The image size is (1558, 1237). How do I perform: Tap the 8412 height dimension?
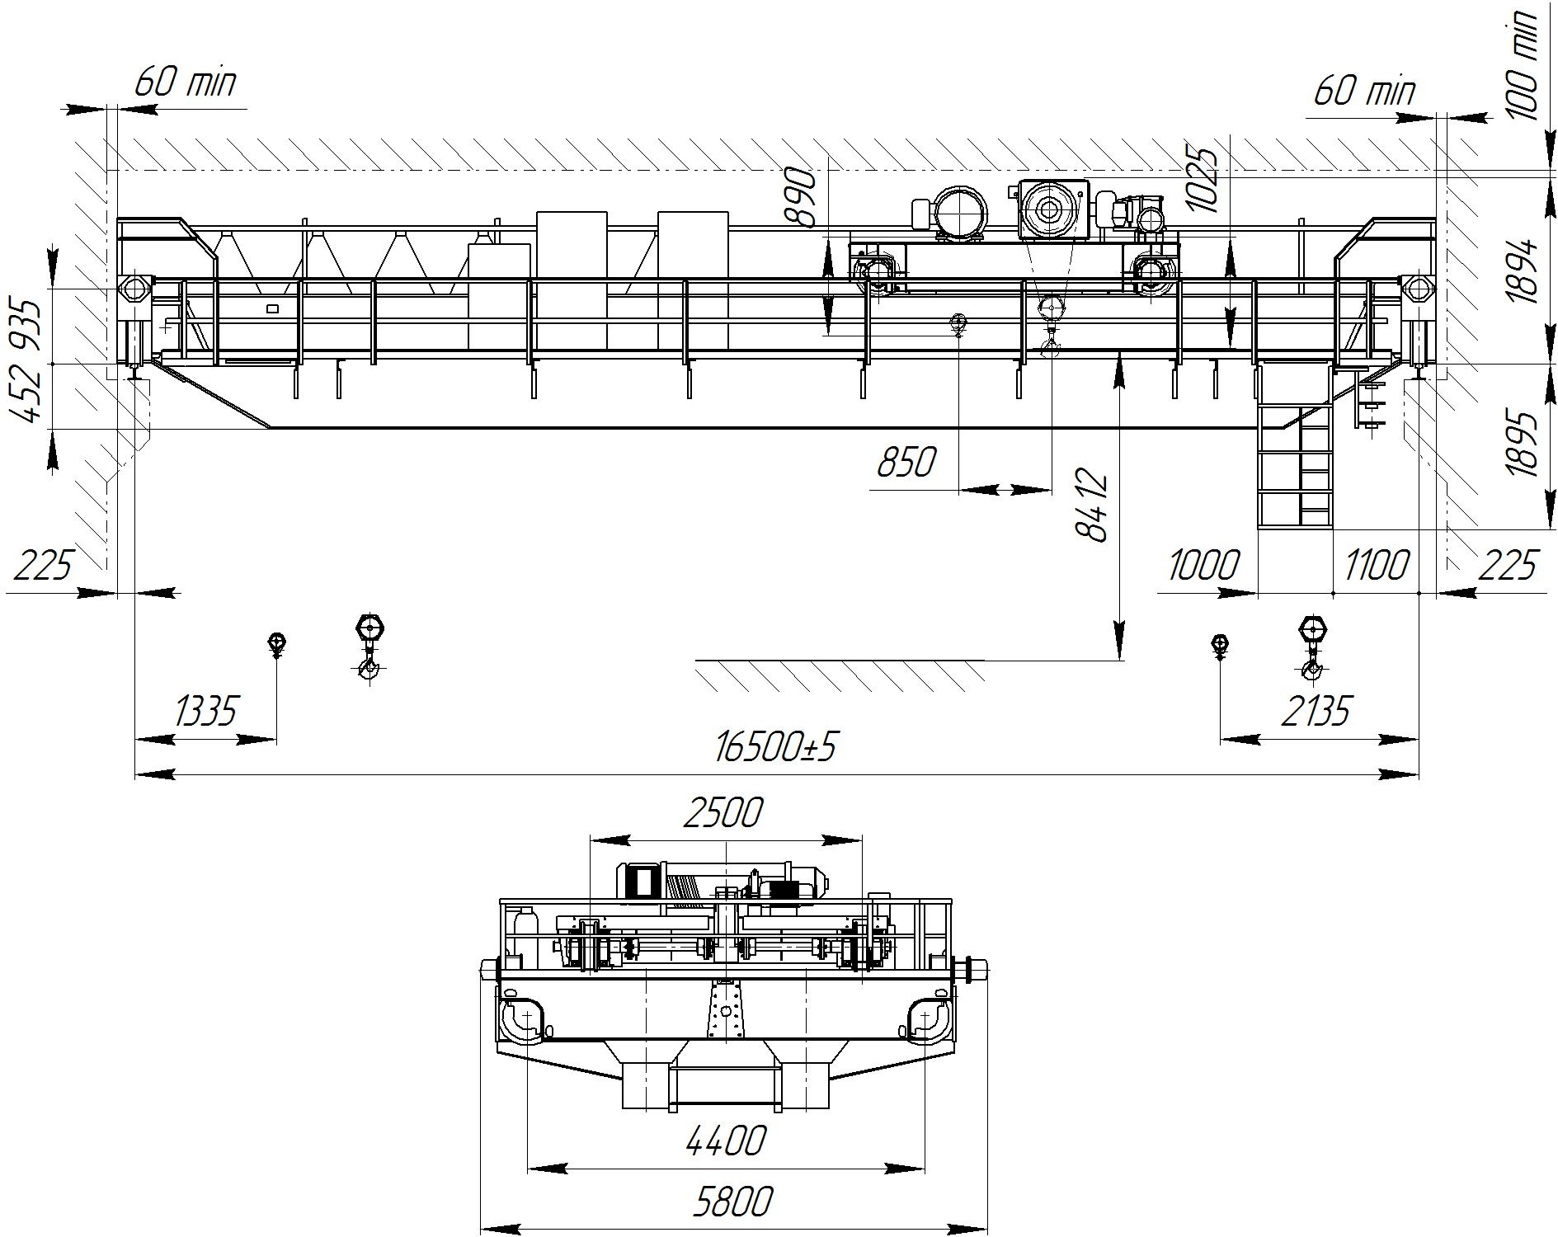[1094, 505]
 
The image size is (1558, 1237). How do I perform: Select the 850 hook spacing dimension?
[906, 463]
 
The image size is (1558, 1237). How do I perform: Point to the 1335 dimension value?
[206, 710]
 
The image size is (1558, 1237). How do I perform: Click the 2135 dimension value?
[1317, 710]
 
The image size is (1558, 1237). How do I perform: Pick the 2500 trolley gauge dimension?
[723, 813]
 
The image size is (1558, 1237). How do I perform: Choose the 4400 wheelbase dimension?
[726, 1141]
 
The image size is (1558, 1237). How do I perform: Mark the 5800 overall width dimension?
[732, 1202]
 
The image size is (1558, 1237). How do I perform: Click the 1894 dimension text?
[1523, 270]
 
